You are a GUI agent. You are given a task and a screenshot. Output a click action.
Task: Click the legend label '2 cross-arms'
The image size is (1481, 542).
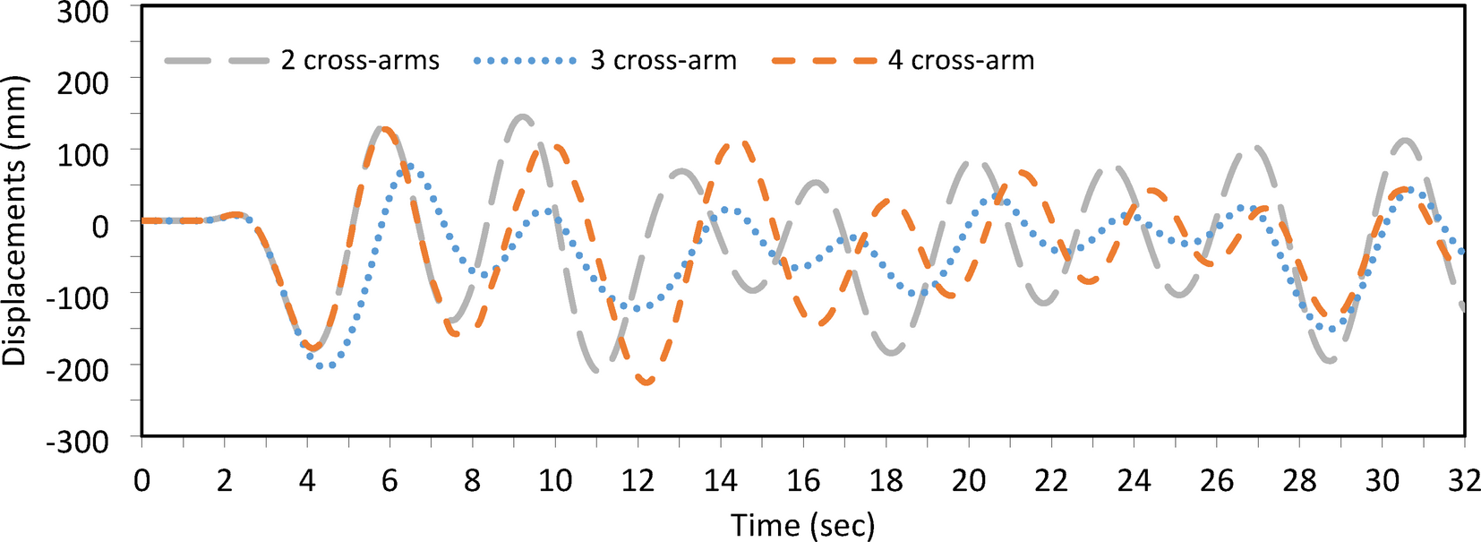(x=360, y=61)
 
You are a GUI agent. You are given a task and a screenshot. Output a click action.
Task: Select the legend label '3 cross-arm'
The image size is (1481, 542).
(x=663, y=61)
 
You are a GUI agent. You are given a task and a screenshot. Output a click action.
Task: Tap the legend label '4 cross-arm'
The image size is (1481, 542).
(x=961, y=61)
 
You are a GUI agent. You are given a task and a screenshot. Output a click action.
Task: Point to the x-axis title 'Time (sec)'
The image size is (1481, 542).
(x=802, y=525)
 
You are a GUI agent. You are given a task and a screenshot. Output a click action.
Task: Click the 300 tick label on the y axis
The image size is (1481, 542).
(x=82, y=13)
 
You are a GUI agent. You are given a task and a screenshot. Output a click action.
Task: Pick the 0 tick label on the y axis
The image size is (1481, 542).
(x=100, y=225)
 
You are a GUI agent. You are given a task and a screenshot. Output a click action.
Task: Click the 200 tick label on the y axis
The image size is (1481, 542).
(x=82, y=82)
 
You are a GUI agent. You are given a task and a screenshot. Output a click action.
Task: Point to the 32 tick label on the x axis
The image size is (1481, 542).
(x=1463, y=481)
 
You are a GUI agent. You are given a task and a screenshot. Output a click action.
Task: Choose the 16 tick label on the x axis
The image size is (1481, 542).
(x=802, y=481)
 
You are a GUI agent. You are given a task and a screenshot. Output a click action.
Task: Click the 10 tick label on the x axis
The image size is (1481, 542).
(x=554, y=481)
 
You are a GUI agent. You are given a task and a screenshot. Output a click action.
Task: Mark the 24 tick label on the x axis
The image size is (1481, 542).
(x=1133, y=481)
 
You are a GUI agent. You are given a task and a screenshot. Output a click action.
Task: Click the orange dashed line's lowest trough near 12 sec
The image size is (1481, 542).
(x=646, y=383)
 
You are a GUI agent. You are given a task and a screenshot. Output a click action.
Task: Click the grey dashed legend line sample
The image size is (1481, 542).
(x=216, y=61)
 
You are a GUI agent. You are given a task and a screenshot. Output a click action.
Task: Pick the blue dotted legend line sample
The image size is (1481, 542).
(x=525, y=61)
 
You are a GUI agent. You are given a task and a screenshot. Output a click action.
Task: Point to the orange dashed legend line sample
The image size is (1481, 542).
(x=823, y=61)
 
